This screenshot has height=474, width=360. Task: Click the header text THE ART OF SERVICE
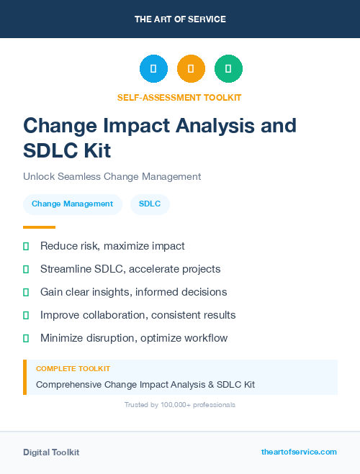click(180, 19)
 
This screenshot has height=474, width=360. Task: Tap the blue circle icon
click(153, 69)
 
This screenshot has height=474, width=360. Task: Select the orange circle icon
click(191, 69)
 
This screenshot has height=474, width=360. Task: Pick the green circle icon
click(228, 69)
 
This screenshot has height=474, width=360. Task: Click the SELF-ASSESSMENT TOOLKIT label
click(180, 97)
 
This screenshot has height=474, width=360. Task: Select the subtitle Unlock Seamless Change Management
click(112, 176)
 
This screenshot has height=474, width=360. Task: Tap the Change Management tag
click(72, 204)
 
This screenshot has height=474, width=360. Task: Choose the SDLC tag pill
click(150, 204)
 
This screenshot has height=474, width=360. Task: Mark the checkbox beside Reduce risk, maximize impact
click(26, 246)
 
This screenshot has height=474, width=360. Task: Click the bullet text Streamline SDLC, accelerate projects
click(130, 269)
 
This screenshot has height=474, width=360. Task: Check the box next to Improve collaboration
click(26, 315)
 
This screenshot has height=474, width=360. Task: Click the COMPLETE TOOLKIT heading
click(73, 368)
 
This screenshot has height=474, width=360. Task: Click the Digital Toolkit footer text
click(51, 452)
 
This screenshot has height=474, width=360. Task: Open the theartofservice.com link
click(299, 452)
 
